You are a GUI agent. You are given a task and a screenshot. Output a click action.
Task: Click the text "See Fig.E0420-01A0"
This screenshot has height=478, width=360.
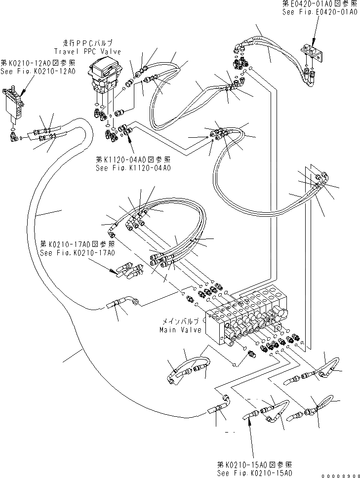320,11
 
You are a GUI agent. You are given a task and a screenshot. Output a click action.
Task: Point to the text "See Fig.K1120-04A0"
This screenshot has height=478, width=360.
133,168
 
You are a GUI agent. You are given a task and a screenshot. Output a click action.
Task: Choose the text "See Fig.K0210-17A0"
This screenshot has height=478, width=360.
78,253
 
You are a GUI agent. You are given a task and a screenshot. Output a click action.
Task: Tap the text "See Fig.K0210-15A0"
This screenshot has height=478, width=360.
254,473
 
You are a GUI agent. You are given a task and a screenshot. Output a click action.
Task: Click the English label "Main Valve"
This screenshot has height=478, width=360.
180,329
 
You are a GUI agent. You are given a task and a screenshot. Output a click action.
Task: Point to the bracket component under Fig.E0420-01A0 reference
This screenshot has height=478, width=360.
313,52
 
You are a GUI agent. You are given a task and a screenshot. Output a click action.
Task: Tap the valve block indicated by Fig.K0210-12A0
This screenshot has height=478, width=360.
15,105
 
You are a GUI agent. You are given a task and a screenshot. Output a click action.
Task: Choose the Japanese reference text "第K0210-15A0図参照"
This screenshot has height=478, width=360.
254,465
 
